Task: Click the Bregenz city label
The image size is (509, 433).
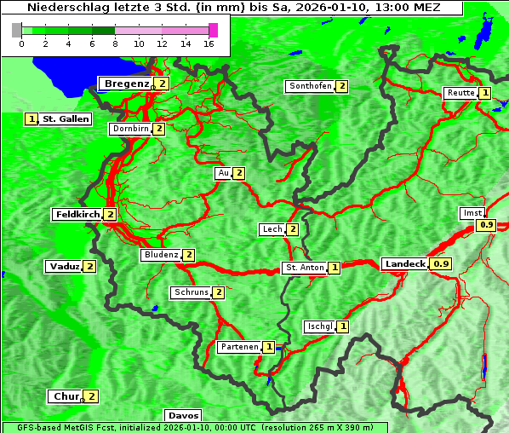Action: point(126,84)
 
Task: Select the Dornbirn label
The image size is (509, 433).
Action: point(129,129)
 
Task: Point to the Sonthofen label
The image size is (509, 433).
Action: point(310,86)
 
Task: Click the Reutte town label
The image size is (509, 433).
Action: point(460,93)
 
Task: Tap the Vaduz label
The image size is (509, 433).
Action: point(64,266)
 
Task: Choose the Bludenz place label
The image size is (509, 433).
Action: point(161,255)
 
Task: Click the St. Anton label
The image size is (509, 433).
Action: point(304,268)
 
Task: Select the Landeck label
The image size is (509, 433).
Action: point(404,264)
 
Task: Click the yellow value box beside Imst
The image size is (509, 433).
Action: point(486,225)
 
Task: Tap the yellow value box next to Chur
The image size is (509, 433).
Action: point(91,396)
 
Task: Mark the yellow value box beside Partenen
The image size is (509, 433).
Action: point(269,347)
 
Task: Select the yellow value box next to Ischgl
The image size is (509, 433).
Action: point(342,326)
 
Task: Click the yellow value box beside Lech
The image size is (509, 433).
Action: point(292,229)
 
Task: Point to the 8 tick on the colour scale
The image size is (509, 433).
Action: point(115,43)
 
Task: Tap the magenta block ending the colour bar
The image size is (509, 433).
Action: point(213,30)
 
